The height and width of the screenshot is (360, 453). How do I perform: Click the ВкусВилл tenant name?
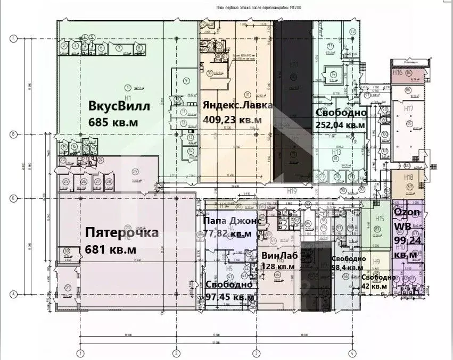pyautogui.click(x=119, y=106)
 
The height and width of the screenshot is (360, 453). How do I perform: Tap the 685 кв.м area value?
pyautogui.click(x=113, y=122)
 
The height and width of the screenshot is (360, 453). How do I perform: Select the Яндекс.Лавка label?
pyautogui.click(x=237, y=105)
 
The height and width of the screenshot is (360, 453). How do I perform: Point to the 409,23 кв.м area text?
pyautogui.click(x=232, y=120)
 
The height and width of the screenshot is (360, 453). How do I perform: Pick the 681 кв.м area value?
pyautogui.click(x=111, y=249)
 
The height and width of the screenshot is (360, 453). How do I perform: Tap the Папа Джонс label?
pyautogui.click(x=230, y=220)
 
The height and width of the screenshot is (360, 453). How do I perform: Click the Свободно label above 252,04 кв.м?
pyautogui.click(x=341, y=113)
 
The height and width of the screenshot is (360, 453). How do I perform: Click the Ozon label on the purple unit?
pyautogui.click(x=407, y=212)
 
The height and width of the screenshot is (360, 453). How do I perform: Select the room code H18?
pyautogui.click(x=409, y=177)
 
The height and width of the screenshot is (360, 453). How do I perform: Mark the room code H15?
pyautogui.click(x=380, y=219)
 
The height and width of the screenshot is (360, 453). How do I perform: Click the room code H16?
pyautogui.click(x=398, y=73)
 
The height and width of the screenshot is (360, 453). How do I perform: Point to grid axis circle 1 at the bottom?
pyautogui.click(x=80, y=353)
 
